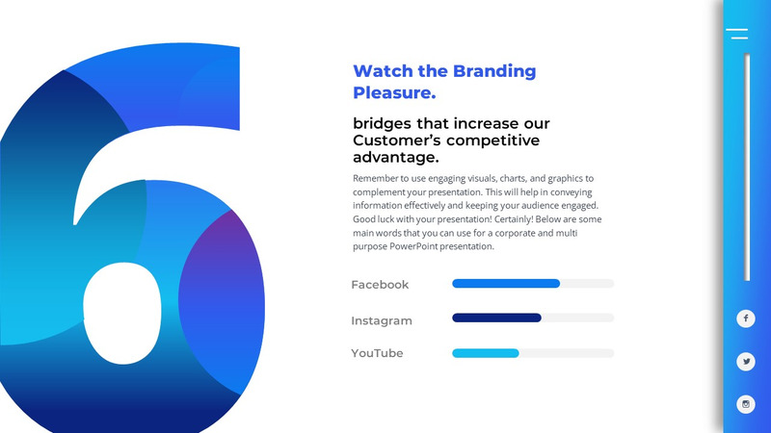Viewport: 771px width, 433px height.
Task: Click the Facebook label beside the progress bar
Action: (380, 285)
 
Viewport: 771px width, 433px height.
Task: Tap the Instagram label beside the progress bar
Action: (381, 320)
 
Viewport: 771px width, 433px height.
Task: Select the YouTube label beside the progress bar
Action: (377, 353)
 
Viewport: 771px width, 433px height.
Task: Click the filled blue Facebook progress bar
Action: (505, 284)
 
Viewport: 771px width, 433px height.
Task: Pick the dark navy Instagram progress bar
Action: (496, 318)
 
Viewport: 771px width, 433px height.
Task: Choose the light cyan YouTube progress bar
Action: (485, 353)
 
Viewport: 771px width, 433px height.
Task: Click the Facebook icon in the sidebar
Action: (745, 318)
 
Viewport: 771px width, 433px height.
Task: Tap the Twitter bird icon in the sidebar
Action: (745, 362)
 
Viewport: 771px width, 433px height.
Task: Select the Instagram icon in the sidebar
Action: (745, 404)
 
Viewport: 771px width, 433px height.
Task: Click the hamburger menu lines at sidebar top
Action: (737, 34)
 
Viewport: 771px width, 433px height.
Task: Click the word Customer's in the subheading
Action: (397, 141)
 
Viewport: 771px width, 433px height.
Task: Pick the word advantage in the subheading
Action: (394, 158)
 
